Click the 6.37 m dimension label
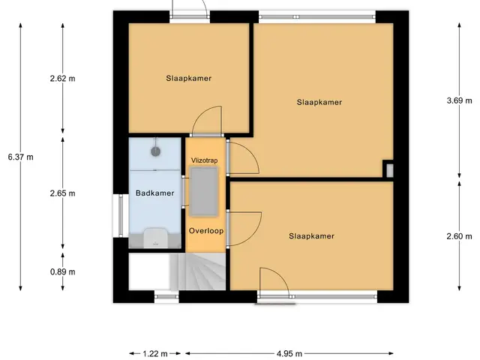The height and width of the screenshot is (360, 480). click(x=21, y=157)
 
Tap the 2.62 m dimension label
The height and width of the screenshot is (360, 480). click(x=62, y=78)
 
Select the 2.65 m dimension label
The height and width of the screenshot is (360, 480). click(x=62, y=193)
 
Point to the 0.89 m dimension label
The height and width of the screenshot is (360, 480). click(x=62, y=271)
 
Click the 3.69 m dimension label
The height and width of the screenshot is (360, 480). click(x=459, y=100)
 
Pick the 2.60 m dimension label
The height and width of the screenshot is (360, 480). click(x=459, y=236)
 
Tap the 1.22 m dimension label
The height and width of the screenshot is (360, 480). click(x=155, y=354)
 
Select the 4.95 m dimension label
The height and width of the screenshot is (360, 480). click(x=289, y=354)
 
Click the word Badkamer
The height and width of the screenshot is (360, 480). click(x=155, y=193)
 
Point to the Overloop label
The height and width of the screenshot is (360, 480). click(x=206, y=231)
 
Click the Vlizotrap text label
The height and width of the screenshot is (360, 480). click(x=205, y=160)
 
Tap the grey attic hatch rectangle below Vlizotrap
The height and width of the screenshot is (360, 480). click(x=204, y=191)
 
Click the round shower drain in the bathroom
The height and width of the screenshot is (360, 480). click(x=156, y=151)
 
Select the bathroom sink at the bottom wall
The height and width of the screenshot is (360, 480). click(x=156, y=238)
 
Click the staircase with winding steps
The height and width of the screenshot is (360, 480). click(x=198, y=271)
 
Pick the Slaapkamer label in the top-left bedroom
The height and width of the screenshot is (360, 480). click(x=188, y=78)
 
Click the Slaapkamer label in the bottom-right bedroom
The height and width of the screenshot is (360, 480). click(x=312, y=236)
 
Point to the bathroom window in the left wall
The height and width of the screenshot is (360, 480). click(x=121, y=215)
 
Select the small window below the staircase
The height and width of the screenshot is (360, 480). click(x=166, y=296)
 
